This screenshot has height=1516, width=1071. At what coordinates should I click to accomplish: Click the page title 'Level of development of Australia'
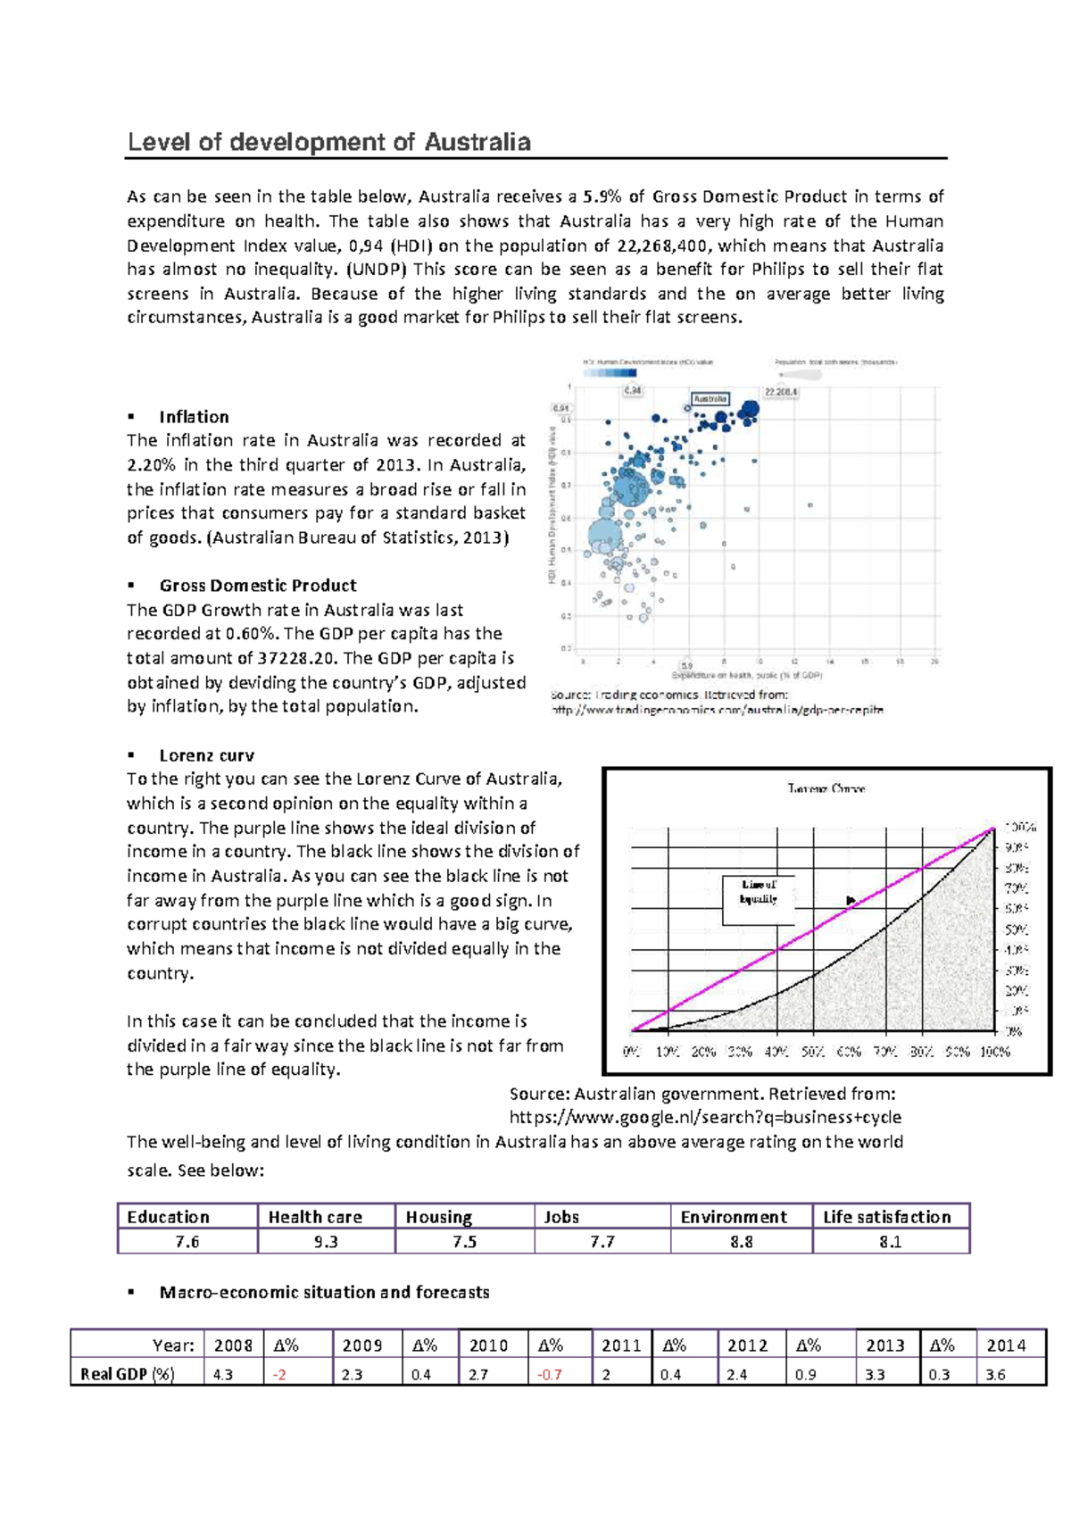tap(329, 142)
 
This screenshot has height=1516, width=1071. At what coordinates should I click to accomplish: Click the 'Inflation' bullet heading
tap(194, 417)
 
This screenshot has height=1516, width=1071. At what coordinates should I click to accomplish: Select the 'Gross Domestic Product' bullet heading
tap(258, 586)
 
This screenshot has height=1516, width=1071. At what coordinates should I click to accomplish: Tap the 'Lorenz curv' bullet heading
tap(206, 755)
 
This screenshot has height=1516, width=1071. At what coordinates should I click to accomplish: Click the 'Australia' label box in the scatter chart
tap(710, 399)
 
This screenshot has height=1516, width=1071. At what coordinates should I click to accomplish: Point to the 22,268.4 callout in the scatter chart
tap(780, 391)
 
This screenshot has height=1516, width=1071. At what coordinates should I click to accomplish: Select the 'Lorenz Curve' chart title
tap(826, 788)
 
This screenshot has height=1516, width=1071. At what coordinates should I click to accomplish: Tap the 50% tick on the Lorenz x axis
tap(811, 1052)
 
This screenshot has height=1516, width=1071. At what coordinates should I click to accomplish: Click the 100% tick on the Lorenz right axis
tap(1019, 827)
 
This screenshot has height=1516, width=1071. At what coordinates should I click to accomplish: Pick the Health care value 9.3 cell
tap(326, 1242)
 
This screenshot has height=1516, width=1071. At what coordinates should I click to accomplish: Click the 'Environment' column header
tap(734, 1217)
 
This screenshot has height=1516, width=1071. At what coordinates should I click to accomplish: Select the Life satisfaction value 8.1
tap(890, 1242)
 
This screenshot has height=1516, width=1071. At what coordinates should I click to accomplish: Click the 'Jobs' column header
tap(561, 1217)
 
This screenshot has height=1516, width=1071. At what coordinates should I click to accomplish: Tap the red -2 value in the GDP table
tap(280, 1375)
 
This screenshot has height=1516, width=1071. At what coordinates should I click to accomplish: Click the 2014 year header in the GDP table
tap(1006, 1345)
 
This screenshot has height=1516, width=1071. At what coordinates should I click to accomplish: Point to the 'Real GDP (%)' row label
tap(128, 1374)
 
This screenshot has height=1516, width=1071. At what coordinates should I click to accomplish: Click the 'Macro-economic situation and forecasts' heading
tap(324, 1292)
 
